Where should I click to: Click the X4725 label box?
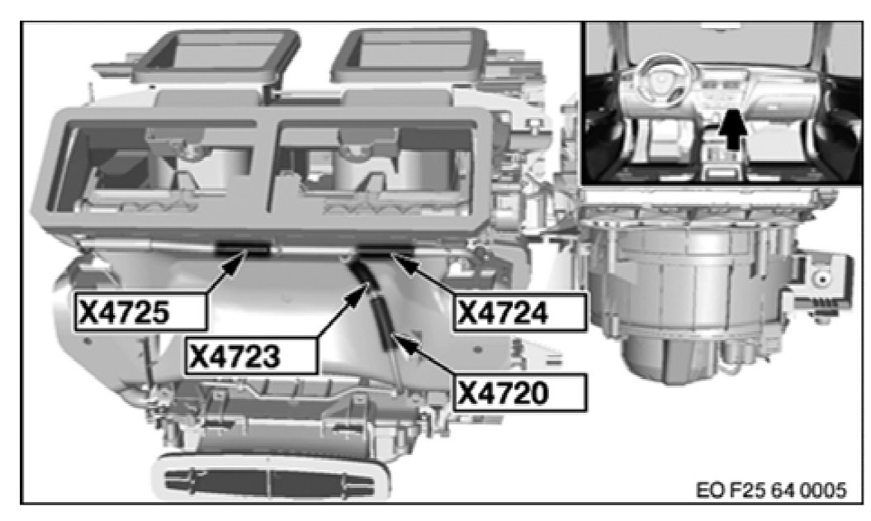(x=140, y=312)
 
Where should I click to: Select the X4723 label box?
(x=252, y=356)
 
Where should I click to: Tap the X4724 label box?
(x=519, y=313)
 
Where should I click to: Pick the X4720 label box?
(x=519, y=392)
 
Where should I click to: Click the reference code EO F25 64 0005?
(x=772, y=490)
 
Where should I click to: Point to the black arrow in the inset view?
(x=733, y=130)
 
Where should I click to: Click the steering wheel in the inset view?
(x=665, y=82)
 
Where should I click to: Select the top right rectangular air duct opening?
(x=411, y=54)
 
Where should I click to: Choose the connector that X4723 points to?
(x=365, y=275)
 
